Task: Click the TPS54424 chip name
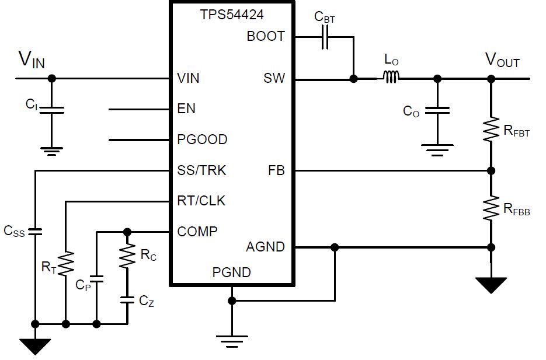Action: [x=232, y=15]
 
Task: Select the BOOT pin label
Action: [x=266, y=36]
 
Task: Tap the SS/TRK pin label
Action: [x=201, y=170]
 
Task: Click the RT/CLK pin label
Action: [x=201, y=201]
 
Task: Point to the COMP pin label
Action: [x=197, y=232]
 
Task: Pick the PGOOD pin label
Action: [x=202, y=140]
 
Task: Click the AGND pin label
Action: [x=265, y=247]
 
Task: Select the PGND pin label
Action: [x=232, y=272]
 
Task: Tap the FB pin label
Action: [x=276, y=170]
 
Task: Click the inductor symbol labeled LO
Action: [x=391, y=77]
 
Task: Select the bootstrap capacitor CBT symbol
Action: [x=325, y=37]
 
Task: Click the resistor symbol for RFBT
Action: [x=491, y=131]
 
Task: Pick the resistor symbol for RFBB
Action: [x=491, y=207]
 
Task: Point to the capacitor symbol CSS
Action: [x=36, y=231]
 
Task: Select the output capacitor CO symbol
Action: [x=436, y=110]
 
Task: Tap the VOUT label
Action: [x=502, y=60]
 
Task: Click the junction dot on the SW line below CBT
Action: [x=353, y=78]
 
